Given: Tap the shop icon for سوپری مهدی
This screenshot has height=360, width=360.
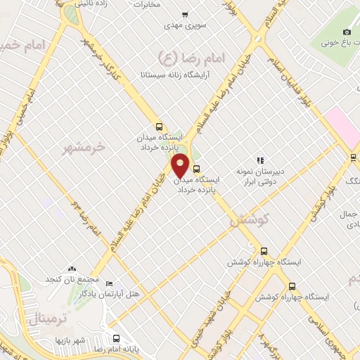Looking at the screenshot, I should point(184,14).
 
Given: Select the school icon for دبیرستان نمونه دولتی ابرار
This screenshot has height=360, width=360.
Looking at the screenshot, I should point(260,160).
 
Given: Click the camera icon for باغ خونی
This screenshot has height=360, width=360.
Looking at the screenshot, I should point(347,32).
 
